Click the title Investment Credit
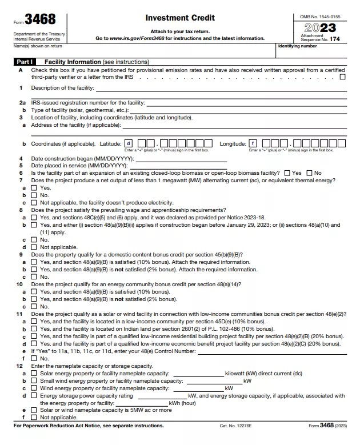(x=180, y=18)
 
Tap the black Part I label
(x=24, y=61)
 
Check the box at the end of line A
(x=342, y=77)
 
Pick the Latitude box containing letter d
(x=129, y=143)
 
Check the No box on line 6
(x=309, y=173)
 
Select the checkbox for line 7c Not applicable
(x=34, y=203)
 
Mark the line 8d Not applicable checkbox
(x=34, y=247)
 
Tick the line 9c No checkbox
(x=34, y=276)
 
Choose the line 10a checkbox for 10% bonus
(x=34, y=291)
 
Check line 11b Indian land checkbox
(x=34, y=328)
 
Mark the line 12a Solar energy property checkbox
(x=34, y=373)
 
